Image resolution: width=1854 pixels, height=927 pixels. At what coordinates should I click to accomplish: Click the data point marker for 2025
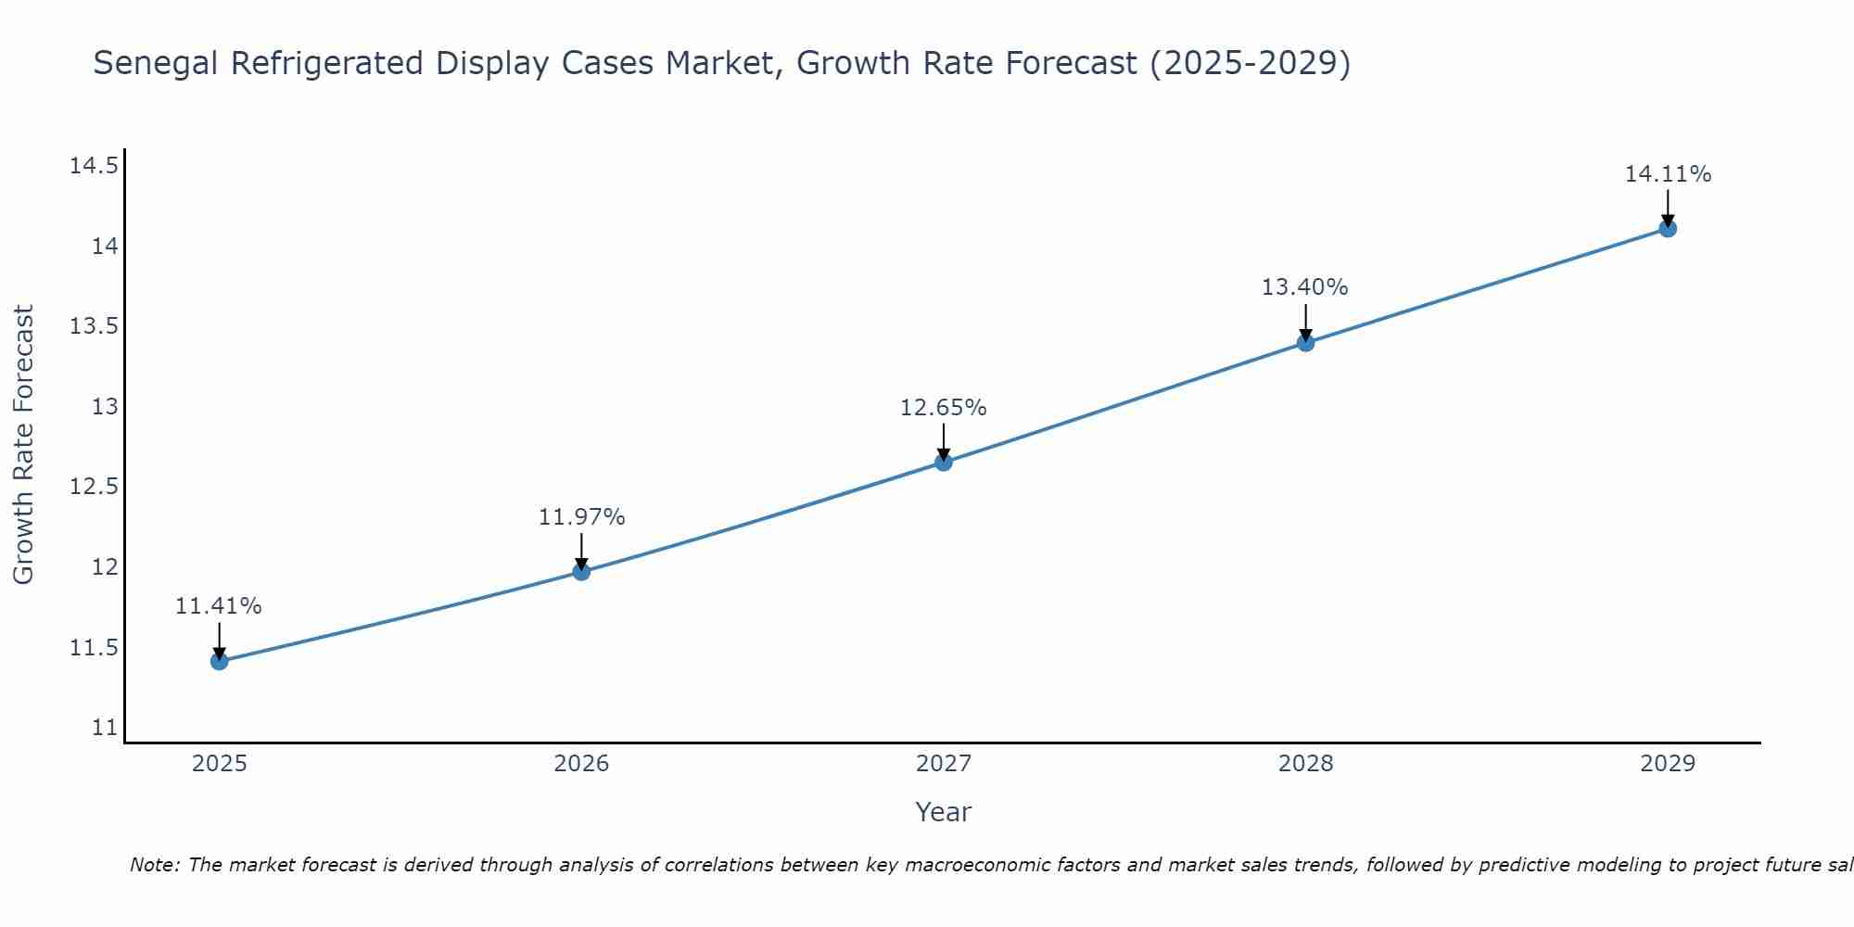click(x=220, y=661)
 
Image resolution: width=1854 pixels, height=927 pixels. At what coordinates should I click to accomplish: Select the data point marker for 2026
click(x=581, y=571)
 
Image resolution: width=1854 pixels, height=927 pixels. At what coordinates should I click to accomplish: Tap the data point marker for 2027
click(x=944, y=462)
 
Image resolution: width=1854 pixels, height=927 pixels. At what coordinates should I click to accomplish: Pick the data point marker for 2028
click(x=1305, y=342)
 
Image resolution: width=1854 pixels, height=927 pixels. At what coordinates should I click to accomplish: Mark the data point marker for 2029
click(x=1668, y=228)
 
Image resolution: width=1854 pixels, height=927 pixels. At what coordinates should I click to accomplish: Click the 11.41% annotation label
click(x=219, y=606)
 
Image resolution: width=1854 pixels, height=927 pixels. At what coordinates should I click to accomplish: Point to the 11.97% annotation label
click(x=581, y=517)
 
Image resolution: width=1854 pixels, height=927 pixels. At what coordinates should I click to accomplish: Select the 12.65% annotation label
click(x=944, y=408)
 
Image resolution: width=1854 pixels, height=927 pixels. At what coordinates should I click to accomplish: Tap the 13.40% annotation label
click(x=1305, y=287)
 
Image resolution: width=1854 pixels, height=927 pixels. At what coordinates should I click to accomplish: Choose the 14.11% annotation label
click(x=1668, y=174)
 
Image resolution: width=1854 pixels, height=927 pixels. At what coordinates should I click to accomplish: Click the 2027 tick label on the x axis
click(x=944, y=764)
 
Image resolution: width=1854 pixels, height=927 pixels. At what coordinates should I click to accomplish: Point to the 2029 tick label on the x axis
click(x=1668, y=764)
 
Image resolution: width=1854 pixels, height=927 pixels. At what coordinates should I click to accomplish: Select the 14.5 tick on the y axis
click(x=94, y=166)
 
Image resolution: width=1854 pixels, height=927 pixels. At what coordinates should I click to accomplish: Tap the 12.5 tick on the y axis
click(x=94, y=487)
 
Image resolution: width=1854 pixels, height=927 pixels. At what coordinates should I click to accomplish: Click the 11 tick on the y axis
click(x=105, y=728)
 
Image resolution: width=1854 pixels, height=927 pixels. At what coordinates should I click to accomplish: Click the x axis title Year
click(x=944, y=812)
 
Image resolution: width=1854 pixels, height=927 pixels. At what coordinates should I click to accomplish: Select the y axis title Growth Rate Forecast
click(x=23, y=444)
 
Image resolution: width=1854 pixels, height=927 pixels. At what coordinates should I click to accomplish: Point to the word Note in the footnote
click(x=154, y=865)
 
